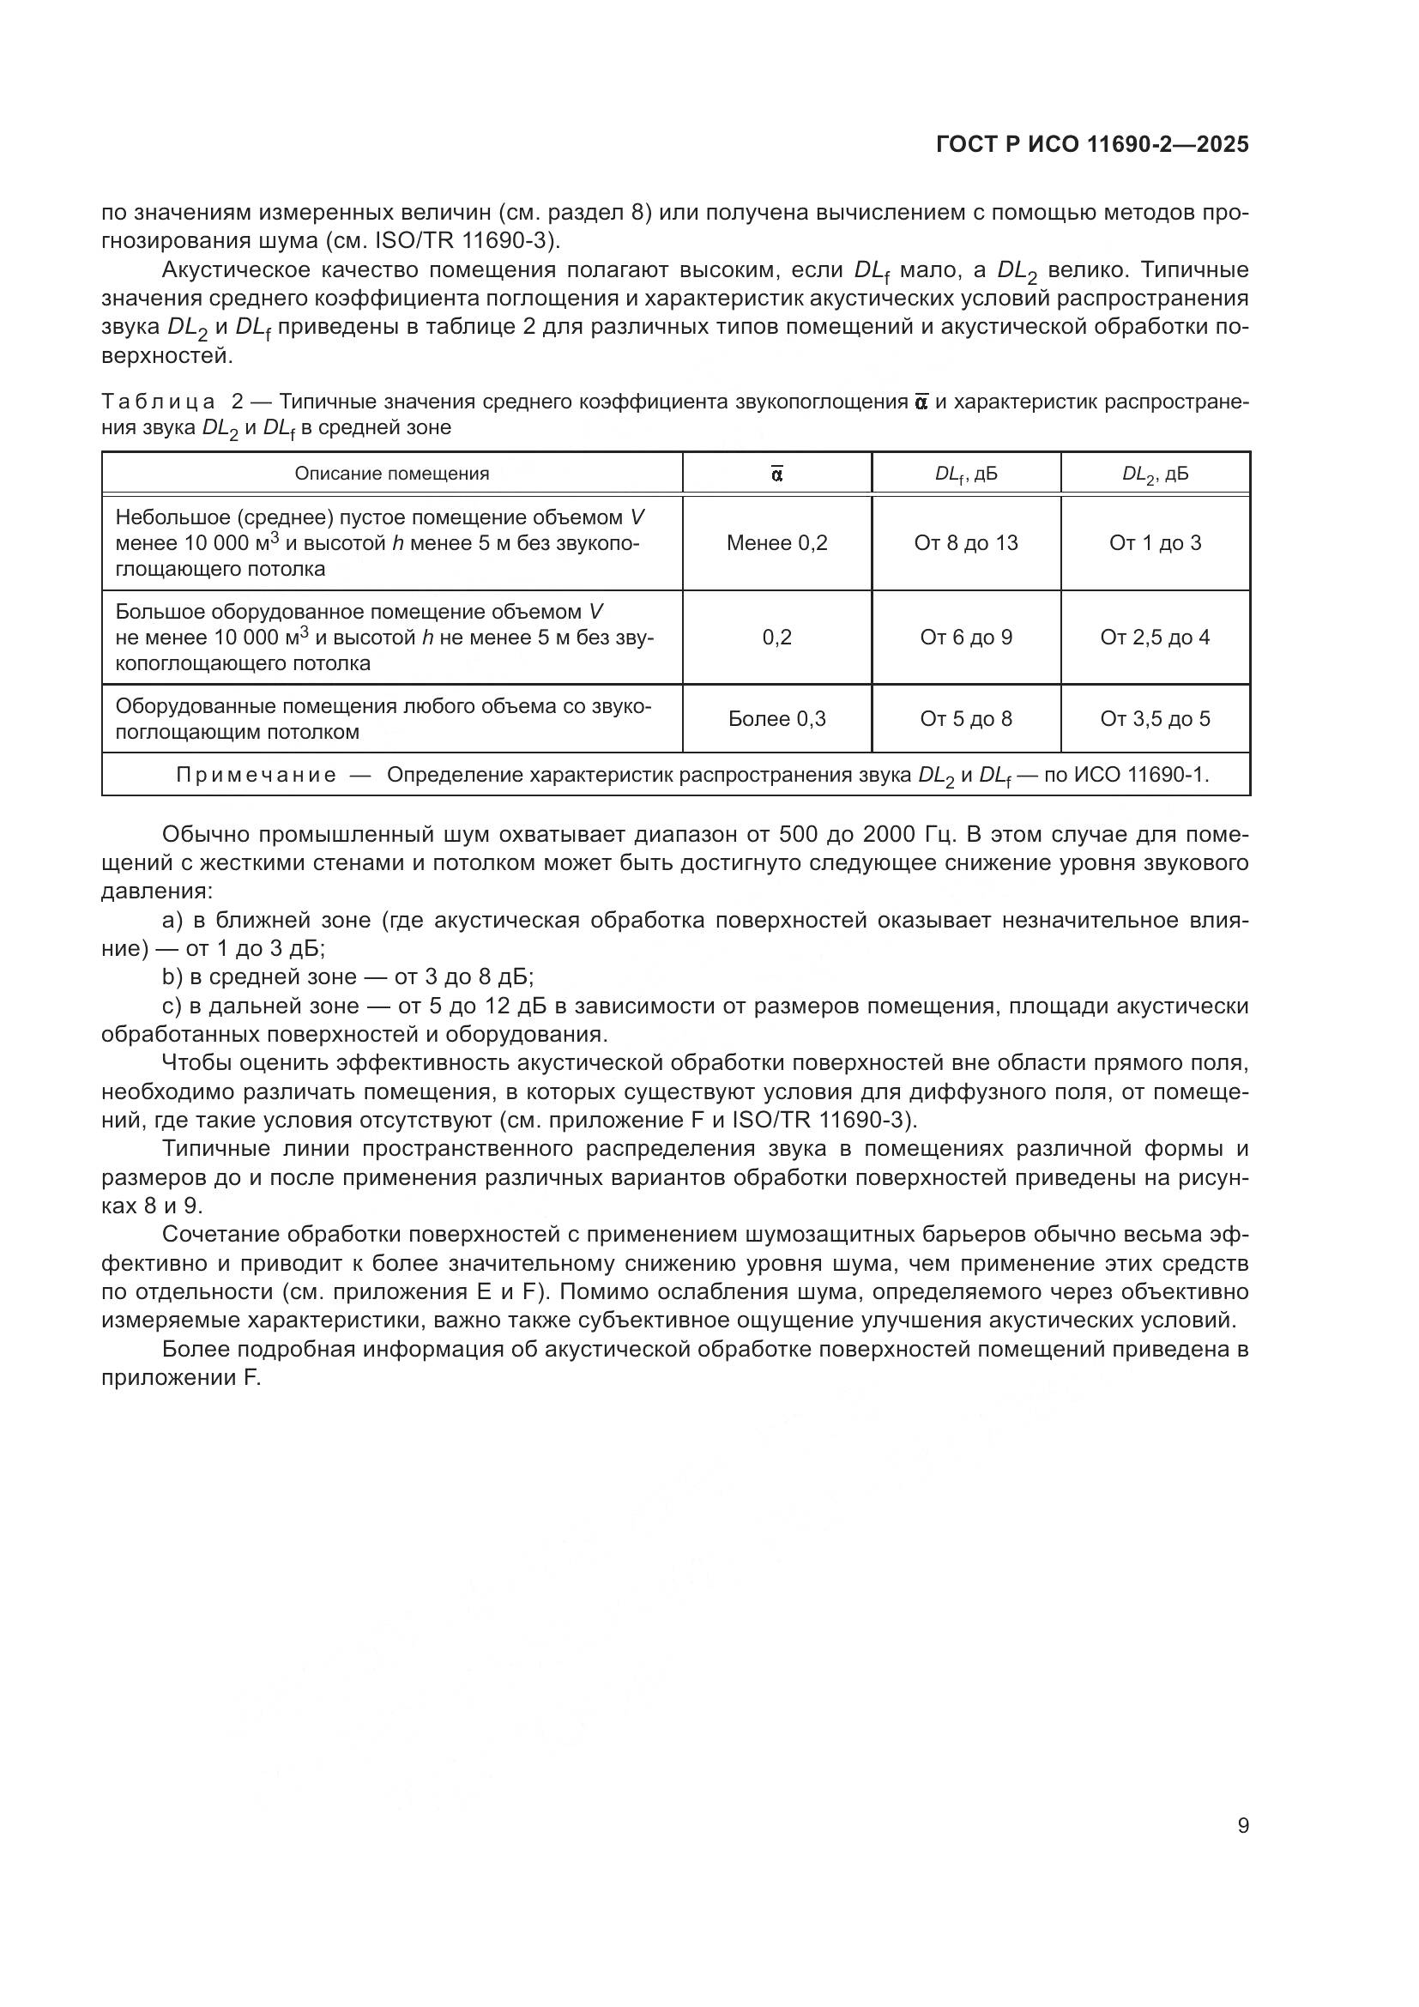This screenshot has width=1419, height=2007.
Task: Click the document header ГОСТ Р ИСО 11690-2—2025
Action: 1091,145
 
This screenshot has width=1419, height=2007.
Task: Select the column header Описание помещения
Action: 391,474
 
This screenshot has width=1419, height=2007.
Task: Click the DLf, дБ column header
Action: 965,474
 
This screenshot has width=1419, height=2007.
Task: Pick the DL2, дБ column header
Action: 1154,474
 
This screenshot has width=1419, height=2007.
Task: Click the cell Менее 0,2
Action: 776,543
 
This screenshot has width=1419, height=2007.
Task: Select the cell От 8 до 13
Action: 965,543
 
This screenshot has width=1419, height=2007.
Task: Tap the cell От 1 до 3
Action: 1154,543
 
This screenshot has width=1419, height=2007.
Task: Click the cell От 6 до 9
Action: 965,638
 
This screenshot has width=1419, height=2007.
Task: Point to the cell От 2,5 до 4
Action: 1154,638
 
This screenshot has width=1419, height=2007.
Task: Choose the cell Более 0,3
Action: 776,718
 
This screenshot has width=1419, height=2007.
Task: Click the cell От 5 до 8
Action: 965,718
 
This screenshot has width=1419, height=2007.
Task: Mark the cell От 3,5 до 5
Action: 1154,718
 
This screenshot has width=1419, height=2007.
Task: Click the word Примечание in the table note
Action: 256,776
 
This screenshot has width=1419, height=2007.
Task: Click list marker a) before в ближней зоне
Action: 173,921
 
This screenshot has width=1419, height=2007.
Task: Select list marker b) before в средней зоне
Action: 173,976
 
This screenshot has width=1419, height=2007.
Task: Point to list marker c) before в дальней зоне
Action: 172,1007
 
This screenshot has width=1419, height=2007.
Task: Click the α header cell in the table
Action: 776,474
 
